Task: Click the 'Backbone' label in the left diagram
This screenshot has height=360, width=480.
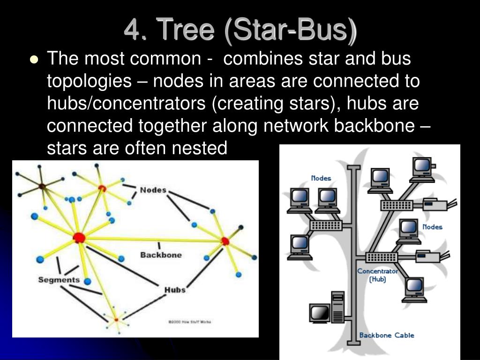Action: pyautogui.click(x=161, y=255)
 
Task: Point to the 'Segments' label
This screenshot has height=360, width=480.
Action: pyautogui.click(x=59, y=280)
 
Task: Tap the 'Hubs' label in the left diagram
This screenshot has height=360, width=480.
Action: pyautogui.click(x=174, y=290)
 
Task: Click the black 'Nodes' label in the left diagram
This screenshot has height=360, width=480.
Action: pyautogui.click(x=153, y=190)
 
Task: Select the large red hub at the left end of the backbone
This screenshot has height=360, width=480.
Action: pyautogui.click(x=79, y=238)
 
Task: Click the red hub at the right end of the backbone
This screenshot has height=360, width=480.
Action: pyautogui.click(x=225, y=241)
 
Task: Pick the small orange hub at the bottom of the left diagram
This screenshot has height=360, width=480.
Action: pyautogui.click(x=116, y=320)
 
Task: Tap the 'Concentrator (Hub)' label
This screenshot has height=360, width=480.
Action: pyautogui.click(x=378, y=275)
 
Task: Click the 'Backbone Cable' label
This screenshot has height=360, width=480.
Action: pyautogui.click(x=387, y=335)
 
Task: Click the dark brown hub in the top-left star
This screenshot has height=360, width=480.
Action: pyautogui.click(x=42, y=187)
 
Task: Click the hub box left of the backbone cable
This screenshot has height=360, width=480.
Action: pyautogui.click(x=325, y=225)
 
